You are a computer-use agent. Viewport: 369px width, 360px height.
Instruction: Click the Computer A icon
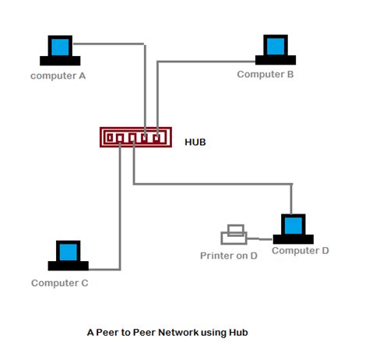(x=59, y=51)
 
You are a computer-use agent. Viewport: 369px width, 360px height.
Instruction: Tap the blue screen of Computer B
(x=276, y=45)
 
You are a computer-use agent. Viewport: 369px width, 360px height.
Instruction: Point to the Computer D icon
(x=293, y=228)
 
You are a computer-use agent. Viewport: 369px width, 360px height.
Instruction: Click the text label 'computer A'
(x=58, y=76)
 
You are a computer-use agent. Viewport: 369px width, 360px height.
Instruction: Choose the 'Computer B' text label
(x=265, y=74)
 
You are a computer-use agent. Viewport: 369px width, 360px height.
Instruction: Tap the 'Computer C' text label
(x=60, y=283)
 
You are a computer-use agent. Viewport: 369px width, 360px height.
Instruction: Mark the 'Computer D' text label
(x=300, y=250)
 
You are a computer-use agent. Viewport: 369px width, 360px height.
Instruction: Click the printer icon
(x=234, y=235)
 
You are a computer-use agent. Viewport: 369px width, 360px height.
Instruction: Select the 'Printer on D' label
(x=229, y=255)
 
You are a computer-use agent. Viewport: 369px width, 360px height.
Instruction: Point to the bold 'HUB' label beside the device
(x=195, y=143)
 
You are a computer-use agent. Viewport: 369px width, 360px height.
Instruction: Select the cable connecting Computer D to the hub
(x=218, y=184)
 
